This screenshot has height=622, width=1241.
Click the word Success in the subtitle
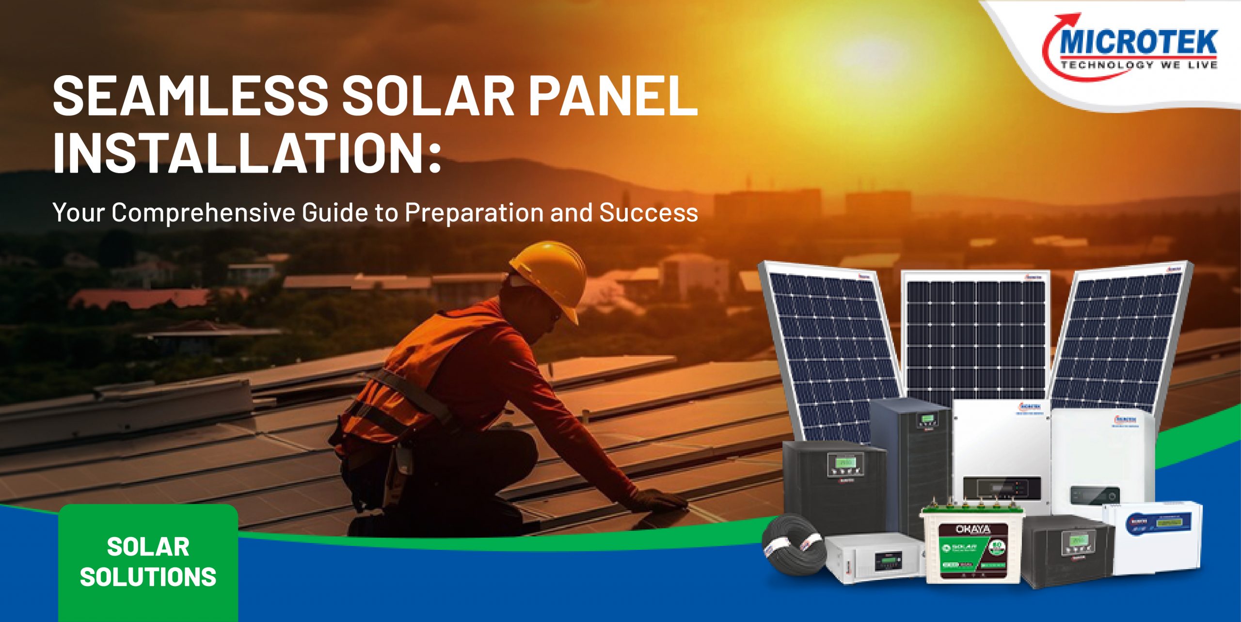649,212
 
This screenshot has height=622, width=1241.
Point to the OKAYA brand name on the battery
972,529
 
